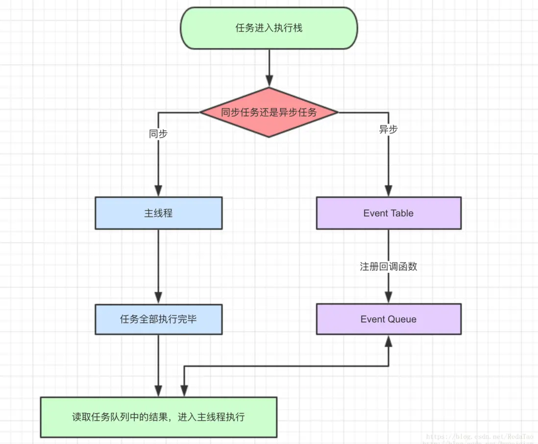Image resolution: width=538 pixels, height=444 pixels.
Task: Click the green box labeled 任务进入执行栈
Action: click(x=269, y=28)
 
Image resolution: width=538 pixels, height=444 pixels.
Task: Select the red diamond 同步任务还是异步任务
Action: click(x=269, y=112)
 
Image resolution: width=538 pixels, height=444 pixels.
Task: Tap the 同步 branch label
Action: click(x=158, y=133)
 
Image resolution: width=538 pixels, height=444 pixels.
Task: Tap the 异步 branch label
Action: click(x=388, y=130)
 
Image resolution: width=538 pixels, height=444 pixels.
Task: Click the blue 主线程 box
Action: click(x=158, y=213)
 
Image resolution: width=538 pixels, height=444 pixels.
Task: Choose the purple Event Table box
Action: click(x=388, y=213)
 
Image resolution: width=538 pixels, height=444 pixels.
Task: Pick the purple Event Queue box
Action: click(x=388, y=319)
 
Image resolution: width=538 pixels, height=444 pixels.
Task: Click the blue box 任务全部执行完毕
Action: click(x=158, y=319)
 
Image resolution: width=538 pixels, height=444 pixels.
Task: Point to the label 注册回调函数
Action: click(x=388, y=267)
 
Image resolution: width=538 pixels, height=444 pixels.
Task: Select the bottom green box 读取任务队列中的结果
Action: click(x=158, y=417)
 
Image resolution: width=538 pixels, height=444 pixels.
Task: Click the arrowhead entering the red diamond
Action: click(x=269, y=81)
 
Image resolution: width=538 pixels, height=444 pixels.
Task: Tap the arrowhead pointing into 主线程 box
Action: click(x=158, y=190)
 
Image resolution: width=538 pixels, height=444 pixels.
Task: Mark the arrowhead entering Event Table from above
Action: click(x=388, y=190)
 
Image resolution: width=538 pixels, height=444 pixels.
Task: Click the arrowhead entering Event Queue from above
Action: click(x=388, y=297)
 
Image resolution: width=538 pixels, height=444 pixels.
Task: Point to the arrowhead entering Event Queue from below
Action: click(x=388, y=342)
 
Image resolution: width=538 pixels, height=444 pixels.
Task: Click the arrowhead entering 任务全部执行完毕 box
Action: click(x=158, y=297)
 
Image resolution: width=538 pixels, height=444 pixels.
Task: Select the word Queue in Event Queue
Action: click(x=402, y=319)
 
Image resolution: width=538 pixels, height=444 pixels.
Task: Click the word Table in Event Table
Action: click(x=402, y=213)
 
